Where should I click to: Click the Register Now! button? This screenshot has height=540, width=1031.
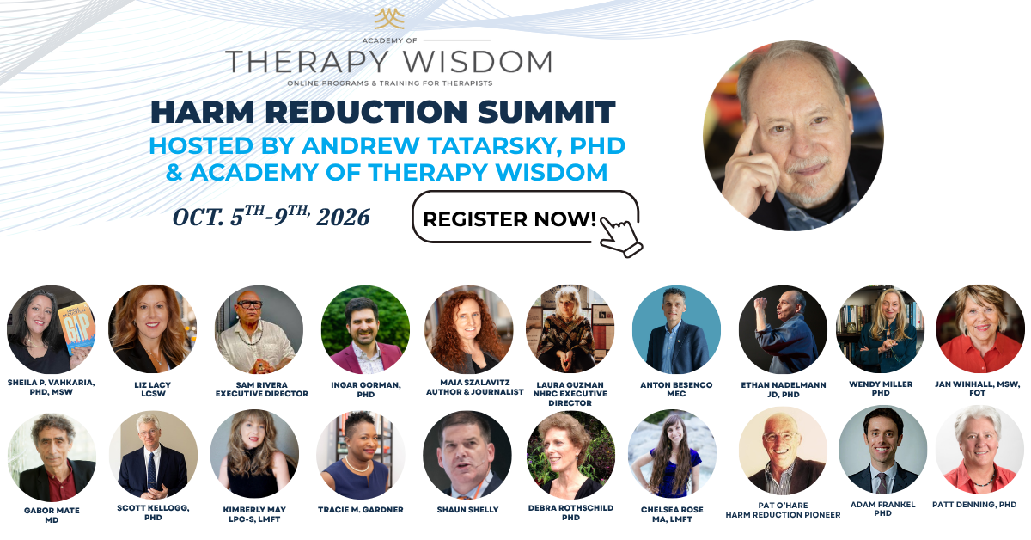(x=525, y=217)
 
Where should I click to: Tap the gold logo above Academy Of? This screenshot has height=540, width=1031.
(x=389, y=19)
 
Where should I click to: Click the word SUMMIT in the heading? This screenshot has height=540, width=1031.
(x=546, y=112)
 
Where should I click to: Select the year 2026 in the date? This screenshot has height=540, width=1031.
(x=344, y=218)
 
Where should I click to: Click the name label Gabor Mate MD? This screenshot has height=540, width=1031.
(x=52, y=515)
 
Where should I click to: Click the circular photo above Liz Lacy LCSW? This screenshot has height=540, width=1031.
(x=153, y=329)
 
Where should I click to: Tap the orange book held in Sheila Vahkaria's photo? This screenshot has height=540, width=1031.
(x=77, y=328)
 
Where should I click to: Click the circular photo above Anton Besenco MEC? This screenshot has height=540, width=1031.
(x=676, y=329)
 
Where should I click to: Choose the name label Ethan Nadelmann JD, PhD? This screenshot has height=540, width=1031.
(x=784, y=390)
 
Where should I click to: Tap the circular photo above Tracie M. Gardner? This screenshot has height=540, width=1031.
(x=361, y=454)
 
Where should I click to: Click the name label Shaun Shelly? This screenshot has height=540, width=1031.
(x=467, y=510)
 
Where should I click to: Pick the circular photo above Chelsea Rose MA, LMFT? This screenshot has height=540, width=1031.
(x=672, y=454)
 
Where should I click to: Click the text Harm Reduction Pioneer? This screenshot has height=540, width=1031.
(x=783, y=515)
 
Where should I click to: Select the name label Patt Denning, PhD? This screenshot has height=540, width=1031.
(x=974, y=505)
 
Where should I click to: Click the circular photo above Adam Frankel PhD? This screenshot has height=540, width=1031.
(x=883, y=450)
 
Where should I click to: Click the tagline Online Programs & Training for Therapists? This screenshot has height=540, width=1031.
(x=390, y=83)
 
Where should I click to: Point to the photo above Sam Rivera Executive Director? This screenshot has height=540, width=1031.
(x=259, y=329)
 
